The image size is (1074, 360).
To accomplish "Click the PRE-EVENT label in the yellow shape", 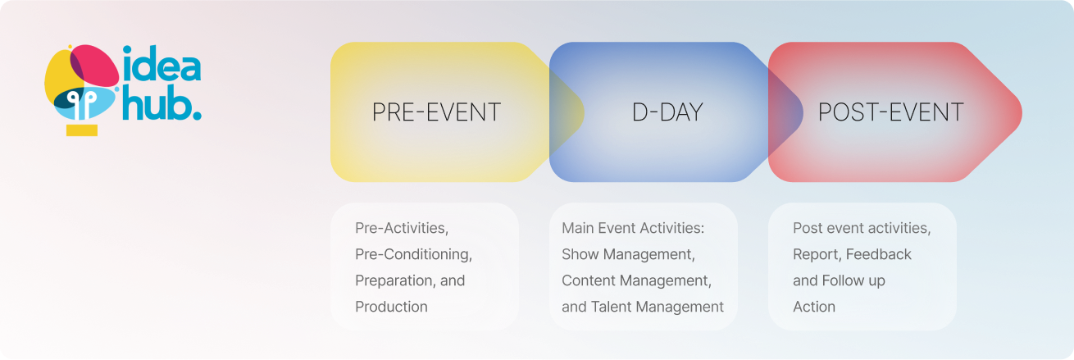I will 436,112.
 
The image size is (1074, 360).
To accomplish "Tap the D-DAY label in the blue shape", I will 667,112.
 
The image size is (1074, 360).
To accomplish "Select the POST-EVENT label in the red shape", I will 890,112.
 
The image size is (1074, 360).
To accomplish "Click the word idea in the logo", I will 162,66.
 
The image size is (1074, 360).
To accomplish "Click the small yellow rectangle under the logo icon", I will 82,130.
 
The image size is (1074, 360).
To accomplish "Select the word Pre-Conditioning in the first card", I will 412,254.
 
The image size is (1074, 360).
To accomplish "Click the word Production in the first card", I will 391,307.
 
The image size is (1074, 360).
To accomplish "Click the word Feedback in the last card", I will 878,254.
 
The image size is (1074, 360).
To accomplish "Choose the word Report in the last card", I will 815,254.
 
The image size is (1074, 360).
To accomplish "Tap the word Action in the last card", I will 814,307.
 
